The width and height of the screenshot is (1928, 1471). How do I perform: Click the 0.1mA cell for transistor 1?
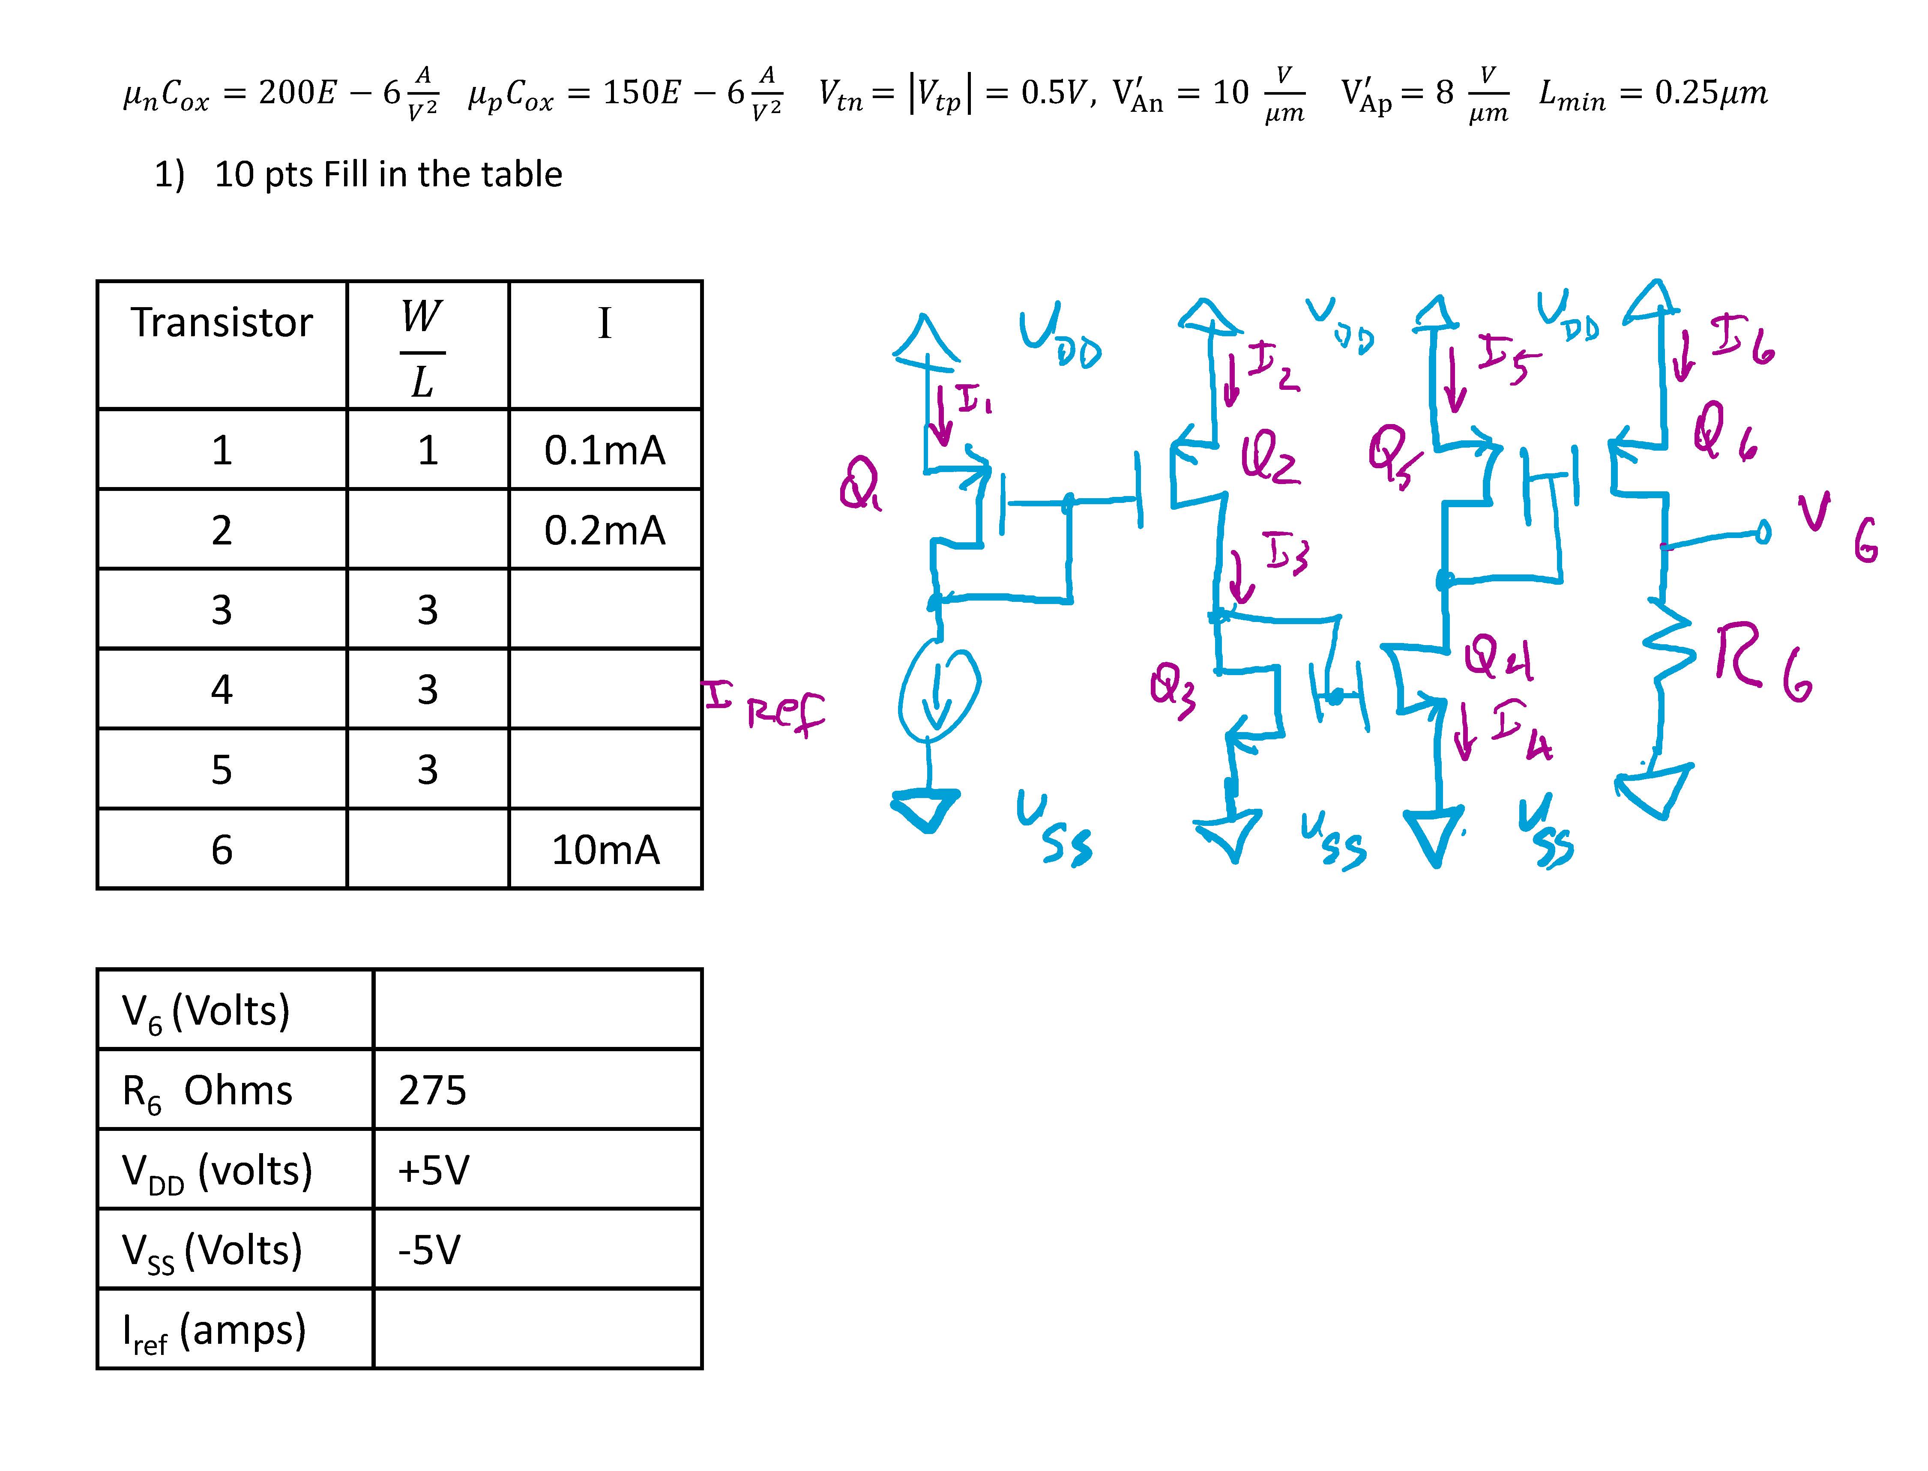(x=604, y=450)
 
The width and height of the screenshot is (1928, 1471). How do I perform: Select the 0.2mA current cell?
(x=604, y=530)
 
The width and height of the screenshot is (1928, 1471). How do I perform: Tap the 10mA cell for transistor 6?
(x=604, y=849)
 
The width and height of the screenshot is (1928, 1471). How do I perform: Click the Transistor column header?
(x=222, y=322)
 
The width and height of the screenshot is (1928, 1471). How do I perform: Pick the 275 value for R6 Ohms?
(x=433, y=1090)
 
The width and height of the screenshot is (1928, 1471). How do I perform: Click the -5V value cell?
(x=429, y=1250)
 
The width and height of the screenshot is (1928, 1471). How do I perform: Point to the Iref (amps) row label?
(x=215, y=1331)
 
